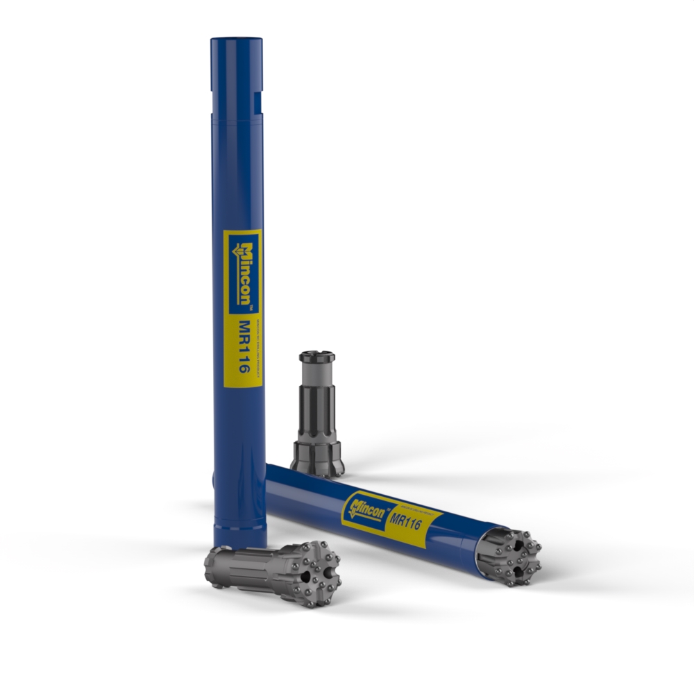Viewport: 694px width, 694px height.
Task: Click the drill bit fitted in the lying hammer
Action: (510, 555)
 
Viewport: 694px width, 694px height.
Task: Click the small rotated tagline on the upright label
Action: (255, 347)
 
